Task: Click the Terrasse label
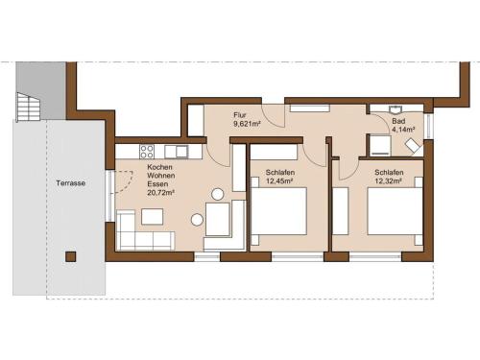(71, 183)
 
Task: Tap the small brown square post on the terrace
(71, 256)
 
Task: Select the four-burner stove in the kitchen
(147, 152)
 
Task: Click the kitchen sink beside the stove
(177, 152)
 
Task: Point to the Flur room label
(240, 115)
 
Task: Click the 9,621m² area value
(247, 124)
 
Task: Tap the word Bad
(398, 121)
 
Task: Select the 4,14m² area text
(403, 130)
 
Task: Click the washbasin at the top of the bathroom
(396, 109)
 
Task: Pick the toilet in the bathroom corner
(414, 146)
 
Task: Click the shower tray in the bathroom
(380, 146)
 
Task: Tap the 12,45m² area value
(280, 181)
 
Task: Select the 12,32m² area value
(389, 181)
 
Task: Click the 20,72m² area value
(160, 193)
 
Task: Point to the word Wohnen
(161, 176)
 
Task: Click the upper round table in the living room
(218, 194)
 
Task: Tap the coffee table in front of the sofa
(153, 217)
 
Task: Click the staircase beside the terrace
(29, 107)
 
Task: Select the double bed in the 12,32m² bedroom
(395, 211)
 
